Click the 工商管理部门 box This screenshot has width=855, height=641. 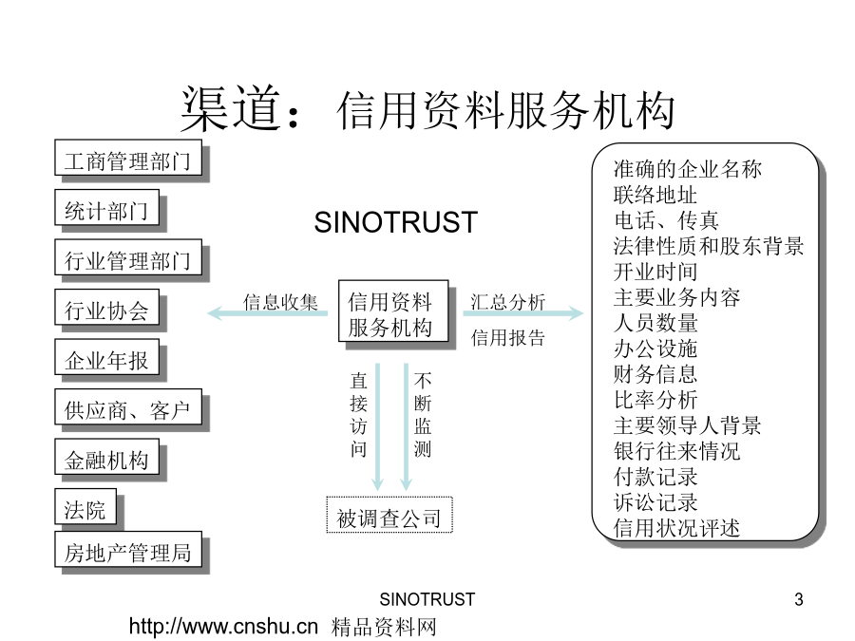[128, 158]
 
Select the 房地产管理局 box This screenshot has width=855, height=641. [128, 550]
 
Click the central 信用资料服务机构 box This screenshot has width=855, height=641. [393, 311]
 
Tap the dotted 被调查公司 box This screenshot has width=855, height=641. [389, 515]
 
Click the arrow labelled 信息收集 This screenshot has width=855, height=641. [267, 313]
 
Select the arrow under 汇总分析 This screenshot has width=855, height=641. [523, 313]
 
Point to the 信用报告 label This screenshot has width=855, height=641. [507, 338]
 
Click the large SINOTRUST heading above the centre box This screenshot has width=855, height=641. [396, 222]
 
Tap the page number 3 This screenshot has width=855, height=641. [799, 599]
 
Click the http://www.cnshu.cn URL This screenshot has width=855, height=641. [223, 627]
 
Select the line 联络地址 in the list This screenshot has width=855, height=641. [655, 195]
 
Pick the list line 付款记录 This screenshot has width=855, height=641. [655, 477]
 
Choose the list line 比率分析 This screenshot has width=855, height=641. [655, 400]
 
